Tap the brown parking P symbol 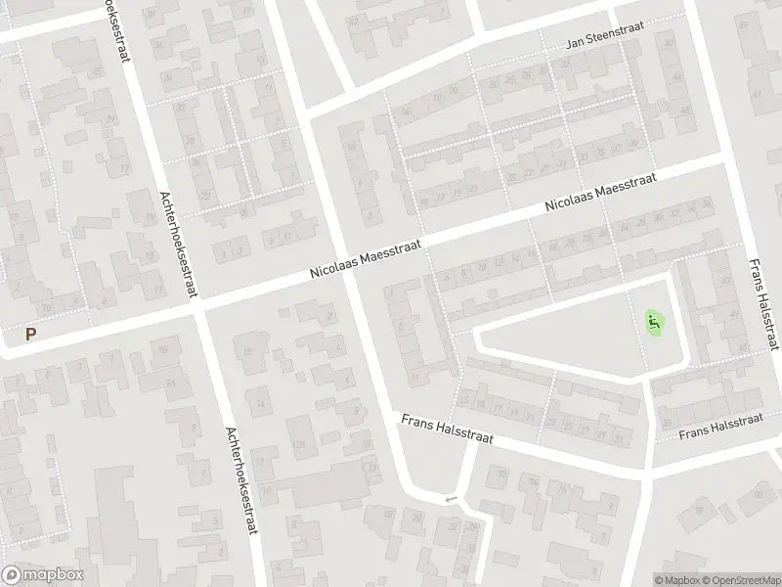(30, 334)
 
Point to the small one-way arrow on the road (451, 500)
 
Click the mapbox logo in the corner (43, 575)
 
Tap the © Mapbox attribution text (677, 580)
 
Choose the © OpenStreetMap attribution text (741, 580)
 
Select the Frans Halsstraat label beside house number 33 (720, 426)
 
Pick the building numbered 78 (700, 512)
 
